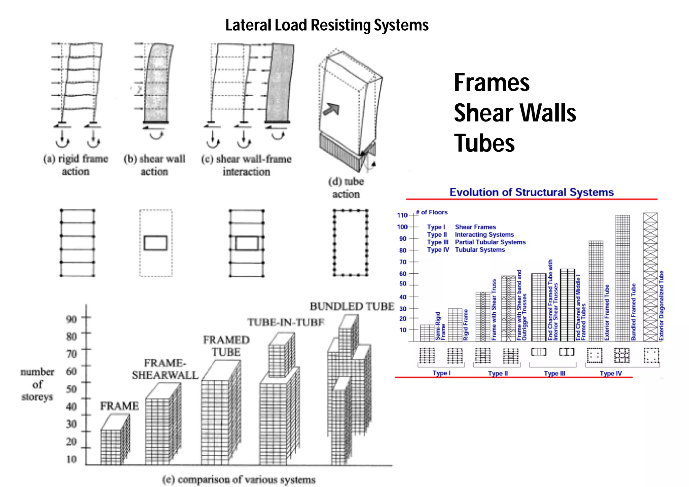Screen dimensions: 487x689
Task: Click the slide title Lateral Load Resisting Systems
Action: click(x=327, y=25)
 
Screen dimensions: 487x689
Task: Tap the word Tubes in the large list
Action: click(x=484, y=143)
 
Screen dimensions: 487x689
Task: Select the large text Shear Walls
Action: click(x=515, y=113)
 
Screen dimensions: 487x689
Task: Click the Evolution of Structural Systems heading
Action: click(x=532, y=192)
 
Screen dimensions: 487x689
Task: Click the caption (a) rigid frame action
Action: click(x=75, y=165)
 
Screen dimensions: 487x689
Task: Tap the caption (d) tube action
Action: click(x=346, y=188)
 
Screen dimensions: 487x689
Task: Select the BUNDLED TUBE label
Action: click(x=352, y=307)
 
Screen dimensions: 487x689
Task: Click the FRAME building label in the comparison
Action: click(x=119, y=406)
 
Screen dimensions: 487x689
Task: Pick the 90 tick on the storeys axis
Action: click(x=71, y=318)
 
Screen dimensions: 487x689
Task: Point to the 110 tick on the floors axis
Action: click(x=402, y=215)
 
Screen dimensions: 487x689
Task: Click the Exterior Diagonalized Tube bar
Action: click(x=650, y=277)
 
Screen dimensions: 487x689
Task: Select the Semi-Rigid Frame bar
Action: click(x=427, y=333)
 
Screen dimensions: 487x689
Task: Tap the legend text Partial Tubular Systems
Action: click(x=490, y=242)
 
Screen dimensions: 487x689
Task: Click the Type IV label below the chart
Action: click(x=611, y=373)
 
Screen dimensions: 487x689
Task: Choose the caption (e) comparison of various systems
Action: click(x=239, y=479)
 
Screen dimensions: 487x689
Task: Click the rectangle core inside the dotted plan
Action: click(x=156, y=243)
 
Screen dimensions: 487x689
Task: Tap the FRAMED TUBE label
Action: click(x=226, y=346)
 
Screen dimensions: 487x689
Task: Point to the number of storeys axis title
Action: click(x=37, y=384)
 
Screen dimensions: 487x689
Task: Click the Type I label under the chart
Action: click(x=441, y=373)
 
